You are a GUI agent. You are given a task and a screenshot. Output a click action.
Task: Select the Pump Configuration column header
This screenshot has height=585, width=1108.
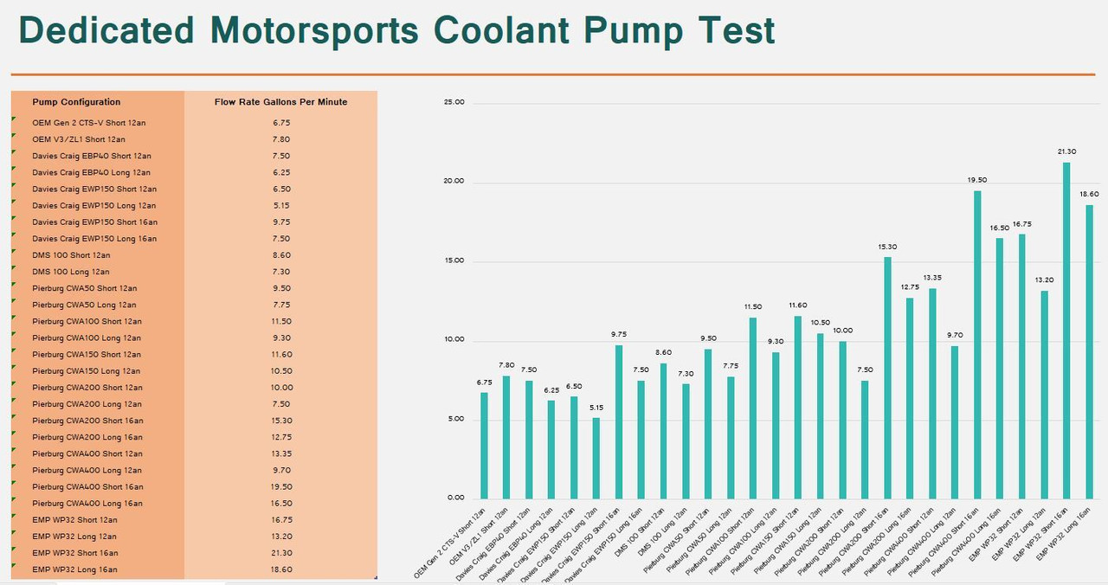(x=76, y=102)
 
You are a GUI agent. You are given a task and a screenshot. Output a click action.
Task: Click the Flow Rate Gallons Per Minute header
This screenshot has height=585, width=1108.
(x=280, y=102)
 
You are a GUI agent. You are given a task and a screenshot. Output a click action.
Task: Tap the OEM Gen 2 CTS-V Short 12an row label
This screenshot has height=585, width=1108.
(x=88, y=123)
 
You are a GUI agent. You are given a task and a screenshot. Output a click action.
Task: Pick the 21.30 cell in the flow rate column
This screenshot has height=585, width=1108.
(x=280, y=553)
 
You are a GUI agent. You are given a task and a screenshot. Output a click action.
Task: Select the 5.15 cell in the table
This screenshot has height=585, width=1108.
(x=280, y=206)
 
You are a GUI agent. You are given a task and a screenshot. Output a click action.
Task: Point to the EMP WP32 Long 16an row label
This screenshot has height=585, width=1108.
(x=74, y=569)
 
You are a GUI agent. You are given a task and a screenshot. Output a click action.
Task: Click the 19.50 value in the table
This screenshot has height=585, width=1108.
(x=280, y=487)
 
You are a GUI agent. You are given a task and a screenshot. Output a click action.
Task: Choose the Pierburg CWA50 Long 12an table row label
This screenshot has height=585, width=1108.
(x=85, y=305)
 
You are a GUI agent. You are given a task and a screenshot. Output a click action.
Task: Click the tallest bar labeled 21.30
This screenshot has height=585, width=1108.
(x=1066, y=329)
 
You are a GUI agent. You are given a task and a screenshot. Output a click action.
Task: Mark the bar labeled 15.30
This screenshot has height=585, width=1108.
(x=887, y=376)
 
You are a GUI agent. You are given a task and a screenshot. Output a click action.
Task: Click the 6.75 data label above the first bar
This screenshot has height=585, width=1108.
(x=484, y=382)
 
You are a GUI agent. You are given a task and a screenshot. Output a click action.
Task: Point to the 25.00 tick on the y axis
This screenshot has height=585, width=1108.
(x=454, y=102)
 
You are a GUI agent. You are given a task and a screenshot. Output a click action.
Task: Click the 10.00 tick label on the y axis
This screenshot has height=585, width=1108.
(x=454, y=340)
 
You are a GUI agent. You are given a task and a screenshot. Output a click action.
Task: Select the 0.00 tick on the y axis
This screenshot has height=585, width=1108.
(x=454, y=498)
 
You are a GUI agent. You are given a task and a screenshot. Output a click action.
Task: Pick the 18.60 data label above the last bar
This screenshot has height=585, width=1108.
(x=1089, y=195)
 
